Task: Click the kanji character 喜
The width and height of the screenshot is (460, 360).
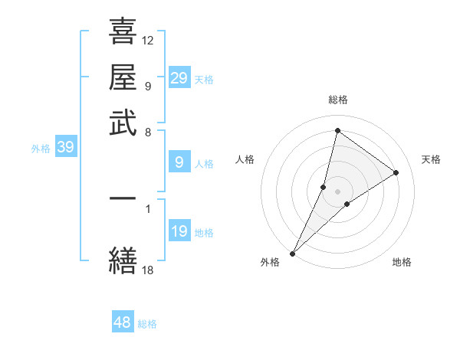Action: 123,32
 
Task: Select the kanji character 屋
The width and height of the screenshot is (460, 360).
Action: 123,77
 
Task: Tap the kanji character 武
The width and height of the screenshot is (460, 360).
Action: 123,123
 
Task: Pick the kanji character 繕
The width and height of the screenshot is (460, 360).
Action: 123,261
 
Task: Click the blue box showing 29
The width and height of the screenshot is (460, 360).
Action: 179,78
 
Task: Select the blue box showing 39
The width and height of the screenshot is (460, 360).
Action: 65,148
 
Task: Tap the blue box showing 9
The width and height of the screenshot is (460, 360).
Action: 179,162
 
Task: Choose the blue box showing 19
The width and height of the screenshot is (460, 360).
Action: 179,231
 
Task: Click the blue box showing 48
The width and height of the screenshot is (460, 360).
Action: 123,322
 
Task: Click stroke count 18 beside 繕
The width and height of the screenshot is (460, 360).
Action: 148,270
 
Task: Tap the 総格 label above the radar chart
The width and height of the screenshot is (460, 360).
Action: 337,100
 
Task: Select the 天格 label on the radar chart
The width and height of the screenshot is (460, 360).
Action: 431,159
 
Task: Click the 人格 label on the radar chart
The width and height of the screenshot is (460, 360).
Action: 245,159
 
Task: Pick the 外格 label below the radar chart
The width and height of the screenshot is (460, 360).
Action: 270,263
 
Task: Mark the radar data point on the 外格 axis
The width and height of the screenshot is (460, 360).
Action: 293,253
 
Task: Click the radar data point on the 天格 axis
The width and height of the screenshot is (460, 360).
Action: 396,172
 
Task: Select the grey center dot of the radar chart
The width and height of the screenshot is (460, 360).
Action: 337,191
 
